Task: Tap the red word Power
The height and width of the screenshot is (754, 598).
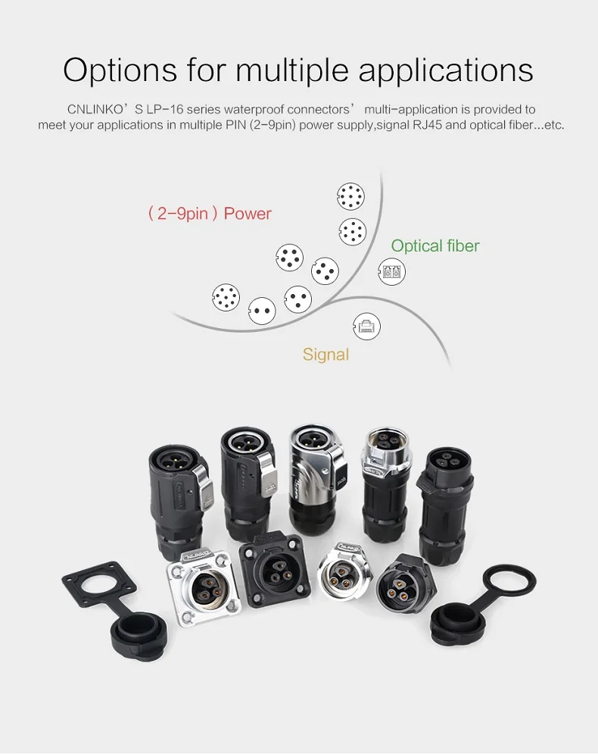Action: pos(248,214)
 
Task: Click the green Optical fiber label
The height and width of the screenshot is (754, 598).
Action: pos(434,246)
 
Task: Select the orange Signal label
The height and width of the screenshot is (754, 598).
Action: pos(325,354)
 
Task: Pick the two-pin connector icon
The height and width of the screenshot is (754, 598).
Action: pos(262,311)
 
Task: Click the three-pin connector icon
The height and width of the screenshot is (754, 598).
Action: pos(298,298)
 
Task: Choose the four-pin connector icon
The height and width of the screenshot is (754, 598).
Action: pos(325,271)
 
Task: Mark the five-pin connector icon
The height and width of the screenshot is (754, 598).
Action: pos(289,258)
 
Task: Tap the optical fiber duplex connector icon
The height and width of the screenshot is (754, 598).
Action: pos(391,271)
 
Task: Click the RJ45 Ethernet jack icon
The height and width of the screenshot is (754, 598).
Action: pos(367,327)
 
